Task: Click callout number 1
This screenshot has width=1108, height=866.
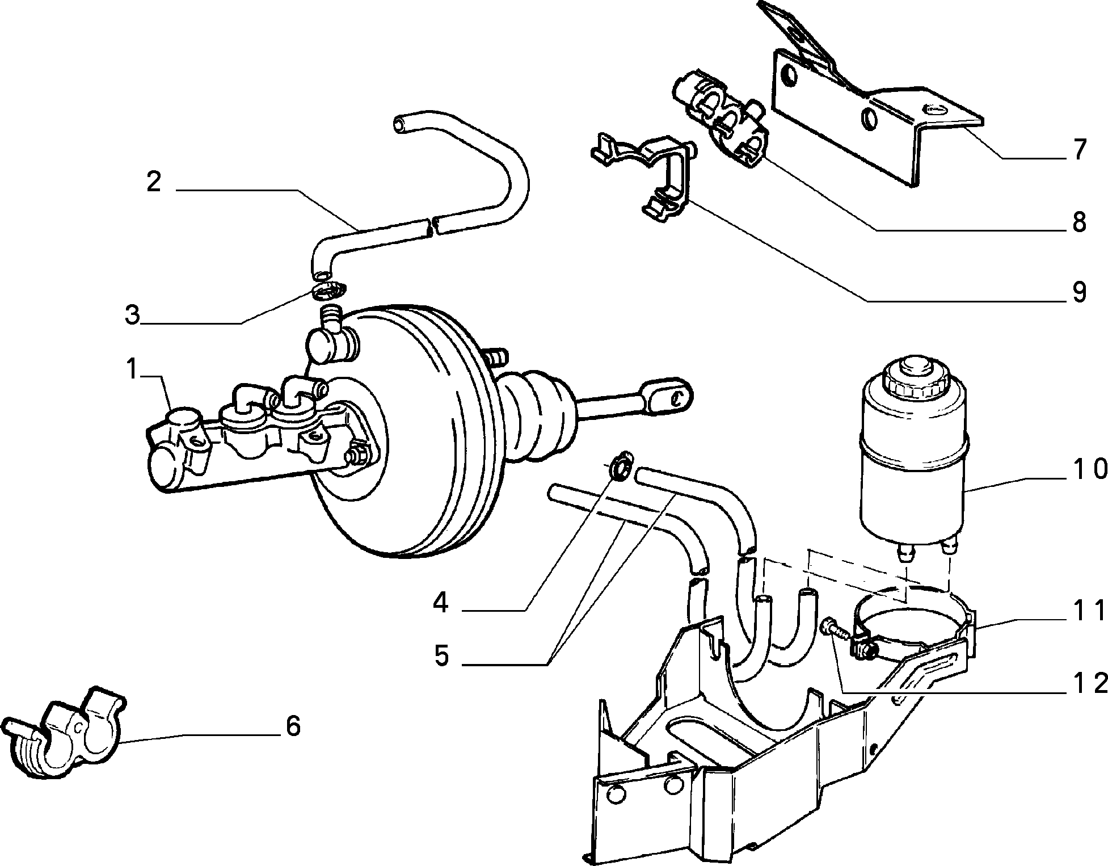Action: coord(132,370)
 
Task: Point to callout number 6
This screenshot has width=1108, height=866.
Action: coord(293,725)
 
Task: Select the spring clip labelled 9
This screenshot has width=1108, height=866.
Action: coord(652,170)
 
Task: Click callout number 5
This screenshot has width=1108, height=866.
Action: coord(441,656)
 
